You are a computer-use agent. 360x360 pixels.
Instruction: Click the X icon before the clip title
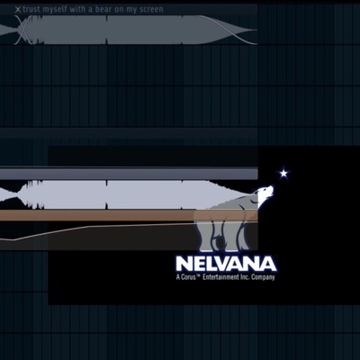(x=18, y=10)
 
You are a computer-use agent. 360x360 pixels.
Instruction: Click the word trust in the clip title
(x=31, y=10)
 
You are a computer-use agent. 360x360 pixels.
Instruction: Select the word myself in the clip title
(x=55, y=10)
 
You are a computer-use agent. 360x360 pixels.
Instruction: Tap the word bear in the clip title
(x=103, y=10)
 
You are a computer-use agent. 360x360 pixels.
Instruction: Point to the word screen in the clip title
(x=151, y=10)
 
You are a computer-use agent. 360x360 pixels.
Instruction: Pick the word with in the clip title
(x=77, y=10)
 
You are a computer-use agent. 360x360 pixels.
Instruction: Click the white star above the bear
(x=283, y=173)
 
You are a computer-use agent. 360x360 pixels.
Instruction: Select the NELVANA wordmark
(x=226, y=264)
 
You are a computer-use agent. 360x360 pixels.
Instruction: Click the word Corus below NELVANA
(x=188, y=277)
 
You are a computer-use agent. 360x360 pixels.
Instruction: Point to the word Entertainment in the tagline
(x=220, y=277)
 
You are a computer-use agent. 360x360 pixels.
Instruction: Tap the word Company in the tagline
(x=263, y=277)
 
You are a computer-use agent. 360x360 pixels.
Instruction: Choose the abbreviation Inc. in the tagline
(x=245, y=277)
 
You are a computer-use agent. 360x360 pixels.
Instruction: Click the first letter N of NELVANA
(x=184, y=264)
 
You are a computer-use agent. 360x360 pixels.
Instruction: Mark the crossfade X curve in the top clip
(x=22, y=30)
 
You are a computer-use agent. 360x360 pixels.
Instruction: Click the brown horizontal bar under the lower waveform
(x=129, y=215)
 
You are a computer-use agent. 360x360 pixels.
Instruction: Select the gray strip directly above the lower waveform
(x=129, y=174)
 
